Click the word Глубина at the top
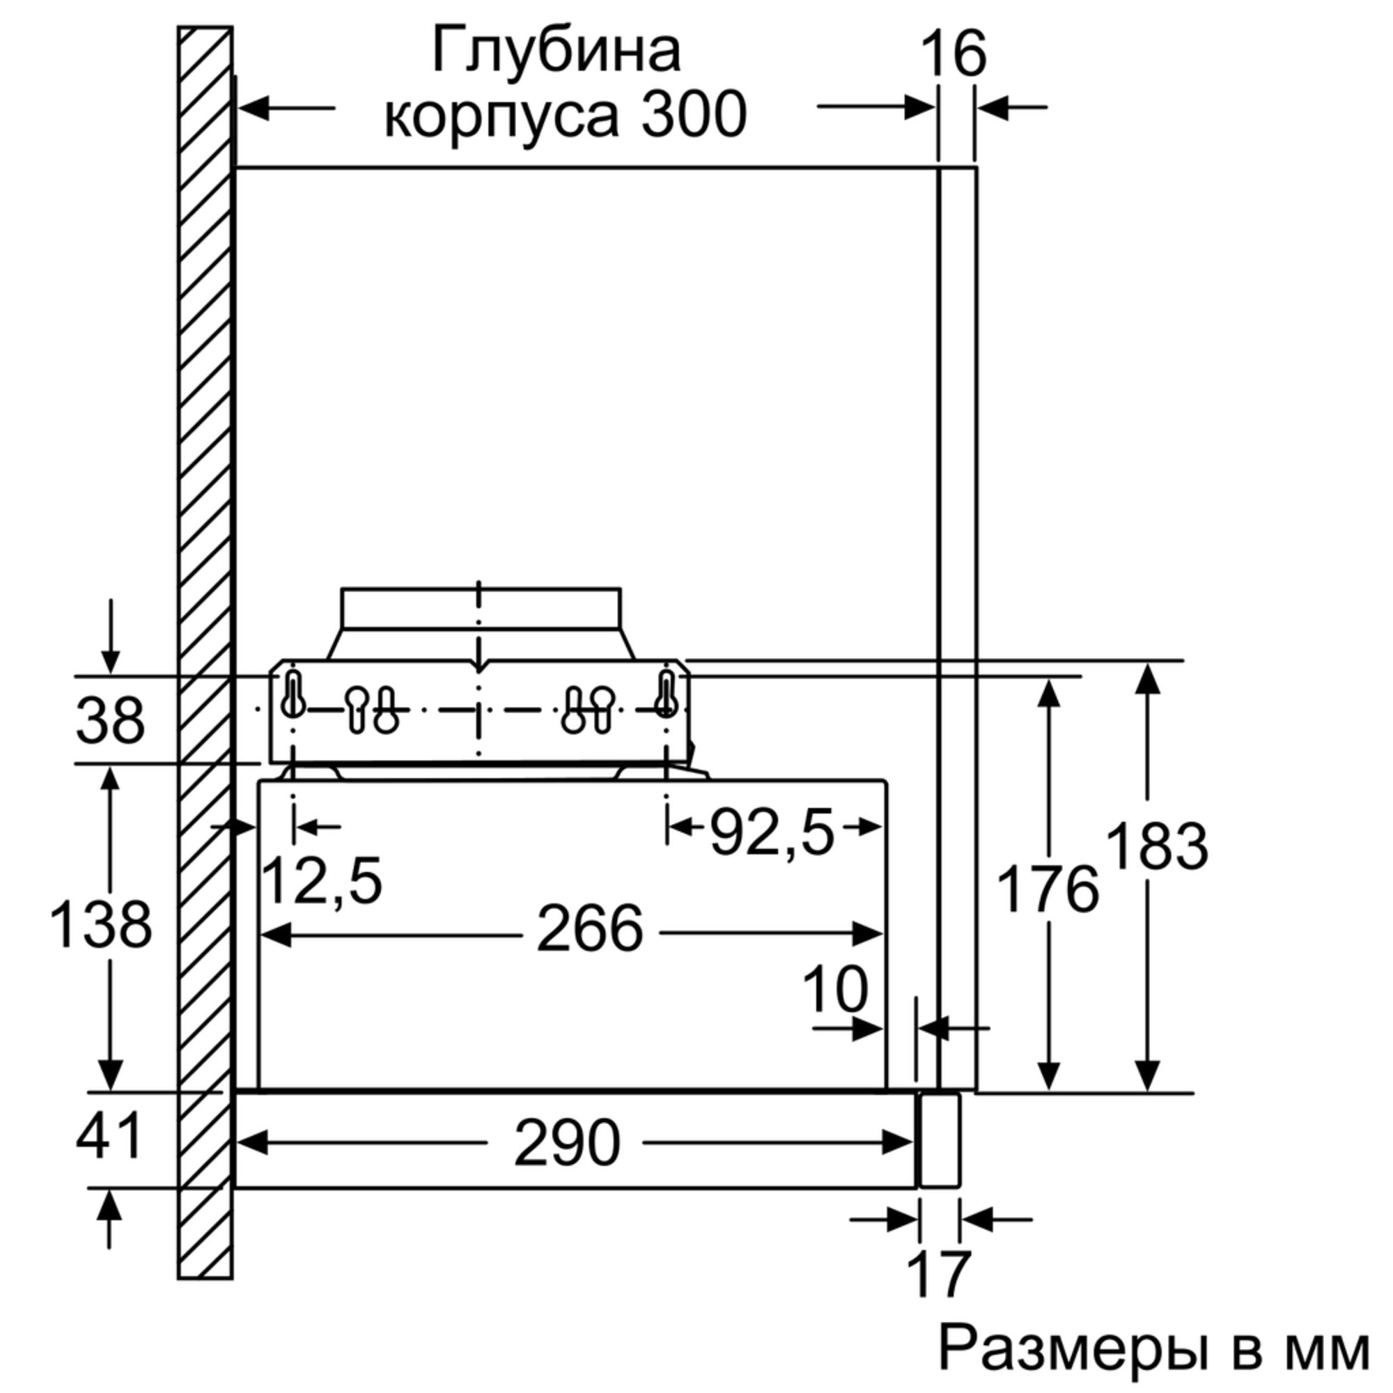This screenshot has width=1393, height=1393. [556, 52]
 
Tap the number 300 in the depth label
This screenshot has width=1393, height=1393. [694, 116]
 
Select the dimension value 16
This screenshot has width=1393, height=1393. [954, 54]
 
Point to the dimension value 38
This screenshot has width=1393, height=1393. [109, 720]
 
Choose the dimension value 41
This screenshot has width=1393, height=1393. [109, 1136]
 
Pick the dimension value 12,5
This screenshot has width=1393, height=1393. [321, 880]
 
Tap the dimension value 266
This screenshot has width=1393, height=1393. [589, 928]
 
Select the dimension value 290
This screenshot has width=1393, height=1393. [567, 1143]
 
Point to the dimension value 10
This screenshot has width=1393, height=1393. [835, 990]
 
